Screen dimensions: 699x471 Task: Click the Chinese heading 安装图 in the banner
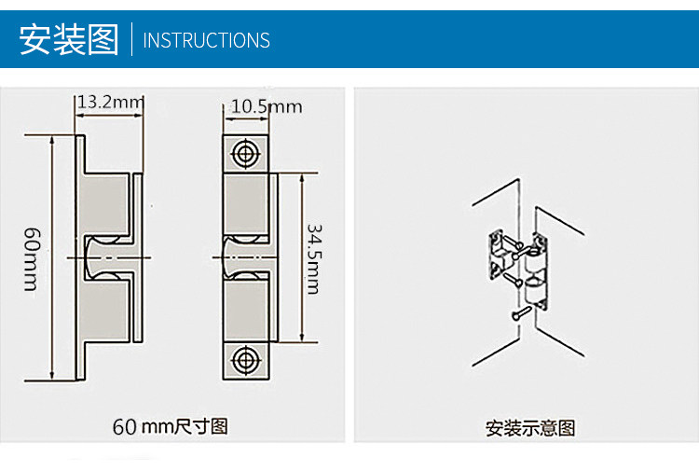69,40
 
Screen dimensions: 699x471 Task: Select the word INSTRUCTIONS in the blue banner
206,40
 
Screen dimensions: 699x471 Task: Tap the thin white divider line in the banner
131,39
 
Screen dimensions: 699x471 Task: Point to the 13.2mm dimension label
111,103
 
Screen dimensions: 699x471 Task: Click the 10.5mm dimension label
267,106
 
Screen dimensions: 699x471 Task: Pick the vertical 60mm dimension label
32,259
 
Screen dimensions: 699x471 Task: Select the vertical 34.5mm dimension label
314,258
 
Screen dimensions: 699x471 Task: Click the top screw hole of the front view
245,154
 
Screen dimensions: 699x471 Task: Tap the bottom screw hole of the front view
245,360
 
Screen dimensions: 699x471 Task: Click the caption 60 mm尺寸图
171,426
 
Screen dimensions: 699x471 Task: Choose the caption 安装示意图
530,428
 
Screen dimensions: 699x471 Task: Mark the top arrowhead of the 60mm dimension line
52,140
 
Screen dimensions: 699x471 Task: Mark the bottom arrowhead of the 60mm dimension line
52,376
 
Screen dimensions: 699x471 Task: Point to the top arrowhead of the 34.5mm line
302,179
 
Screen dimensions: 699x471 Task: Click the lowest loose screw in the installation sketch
521,312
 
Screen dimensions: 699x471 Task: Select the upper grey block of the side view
103,204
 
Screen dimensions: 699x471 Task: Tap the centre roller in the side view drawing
105,257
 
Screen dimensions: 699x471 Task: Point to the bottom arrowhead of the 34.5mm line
302,337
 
